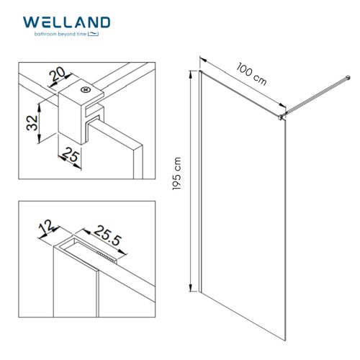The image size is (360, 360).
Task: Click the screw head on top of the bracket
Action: coord(86,90)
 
